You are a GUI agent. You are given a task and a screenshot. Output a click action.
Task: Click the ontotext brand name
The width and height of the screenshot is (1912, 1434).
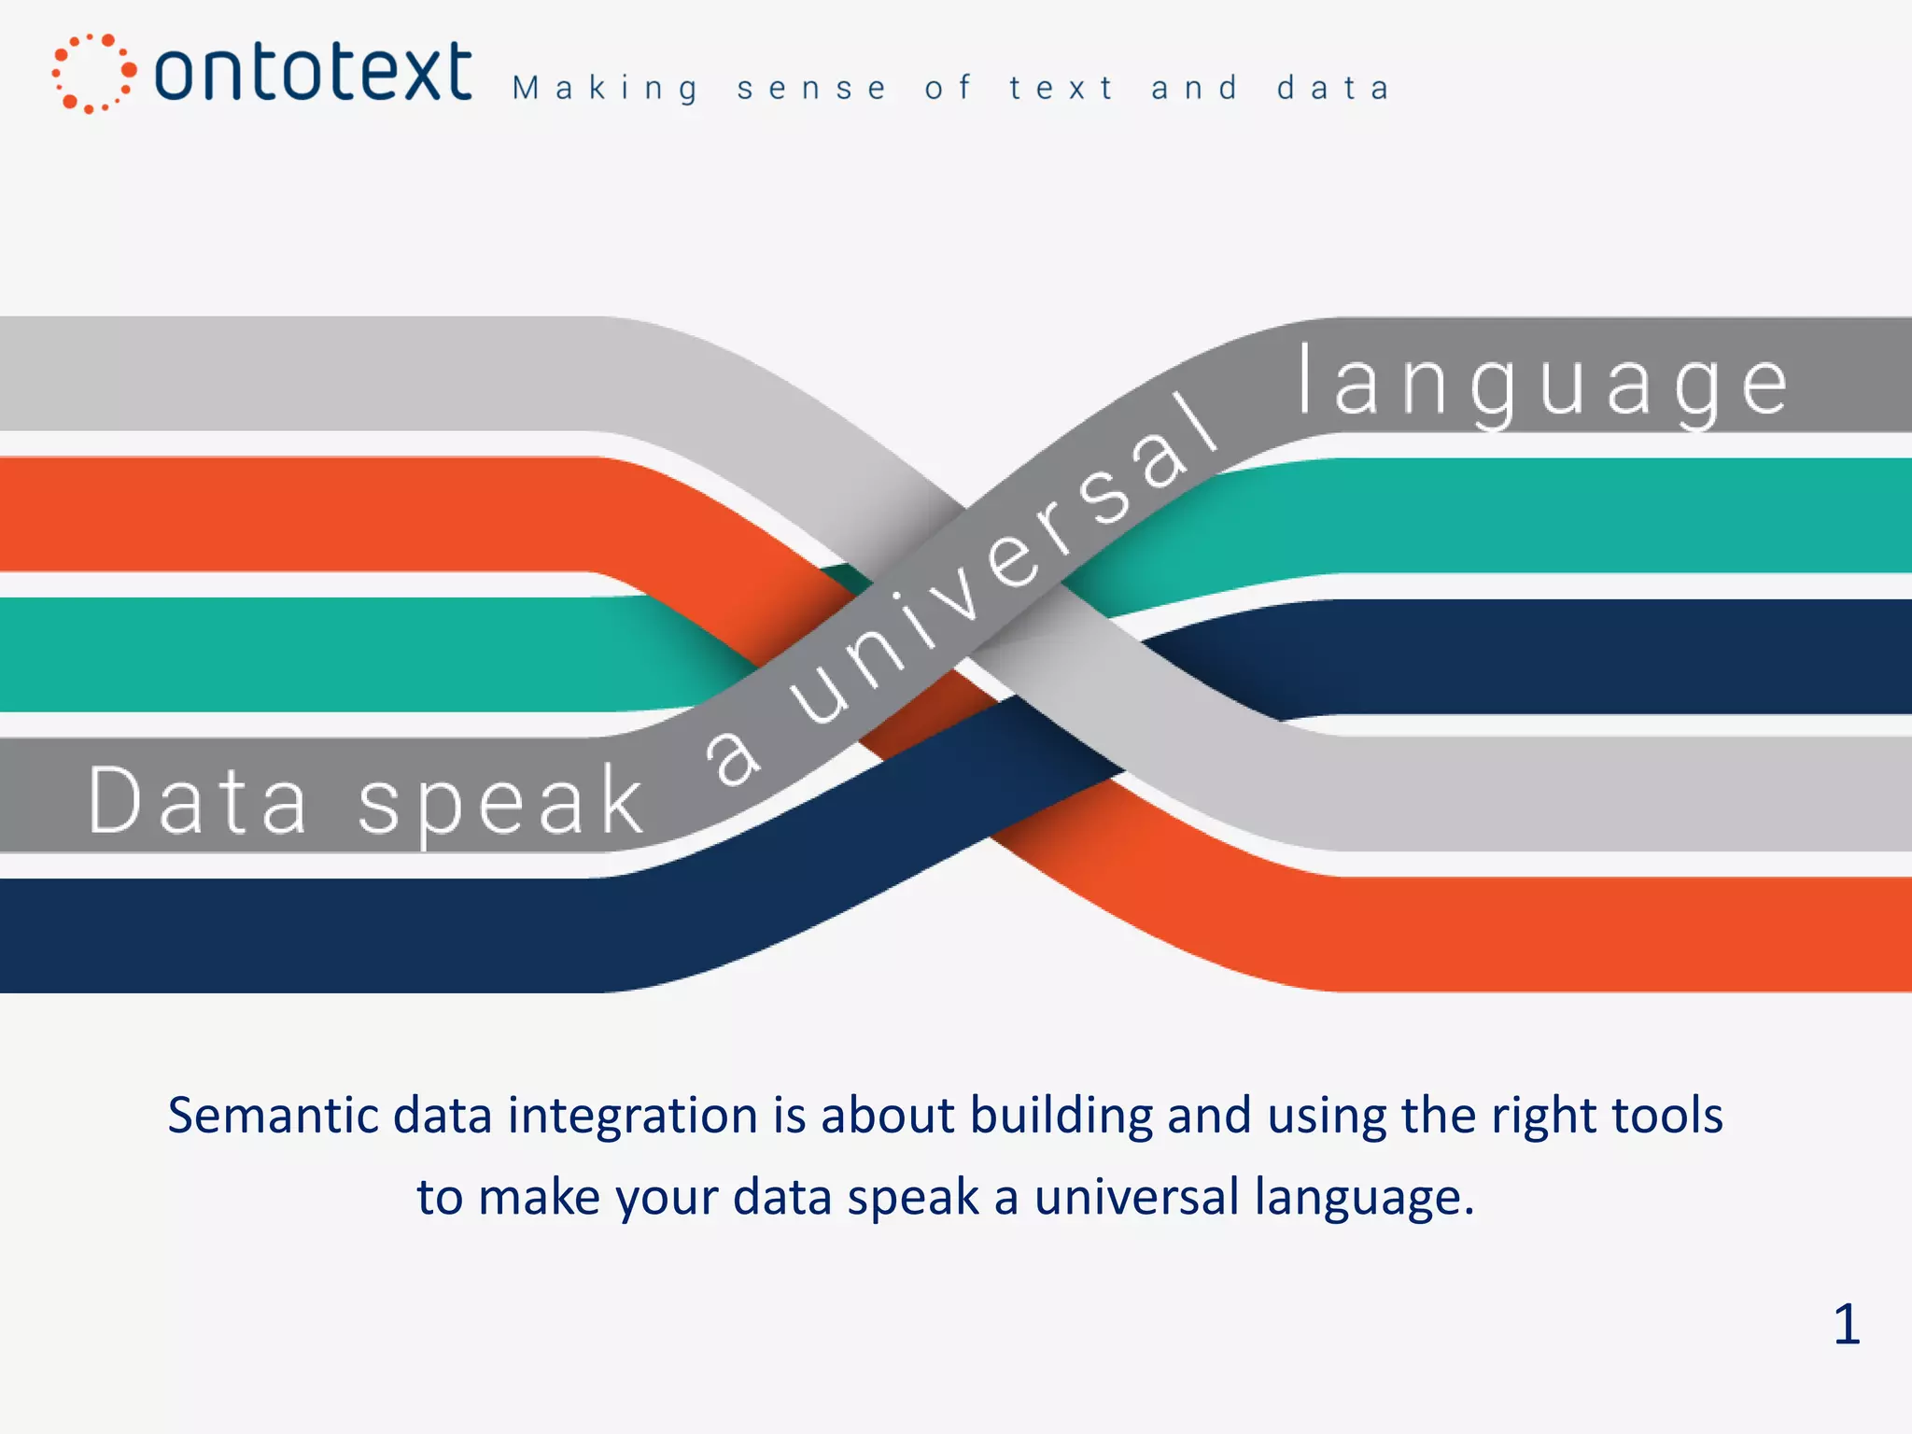tap(313, 73)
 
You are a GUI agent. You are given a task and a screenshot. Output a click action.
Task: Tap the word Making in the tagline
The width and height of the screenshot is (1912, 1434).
tap(605, 89)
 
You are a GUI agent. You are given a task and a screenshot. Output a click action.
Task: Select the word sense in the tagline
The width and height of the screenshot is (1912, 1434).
tap(811, 89)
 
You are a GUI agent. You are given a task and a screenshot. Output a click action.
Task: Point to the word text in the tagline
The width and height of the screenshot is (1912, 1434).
tap(1061, 89)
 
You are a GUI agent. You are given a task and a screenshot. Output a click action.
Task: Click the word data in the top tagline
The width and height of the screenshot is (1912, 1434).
tap(1333, 89)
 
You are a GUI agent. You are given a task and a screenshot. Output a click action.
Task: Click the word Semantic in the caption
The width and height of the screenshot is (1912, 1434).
tap(273, 1116)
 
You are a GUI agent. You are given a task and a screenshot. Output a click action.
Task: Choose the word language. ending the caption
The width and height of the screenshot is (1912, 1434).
tap(1364, 1199)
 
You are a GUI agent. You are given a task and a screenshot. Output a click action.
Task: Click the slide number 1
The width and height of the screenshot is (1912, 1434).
tap(1846, 1325)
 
